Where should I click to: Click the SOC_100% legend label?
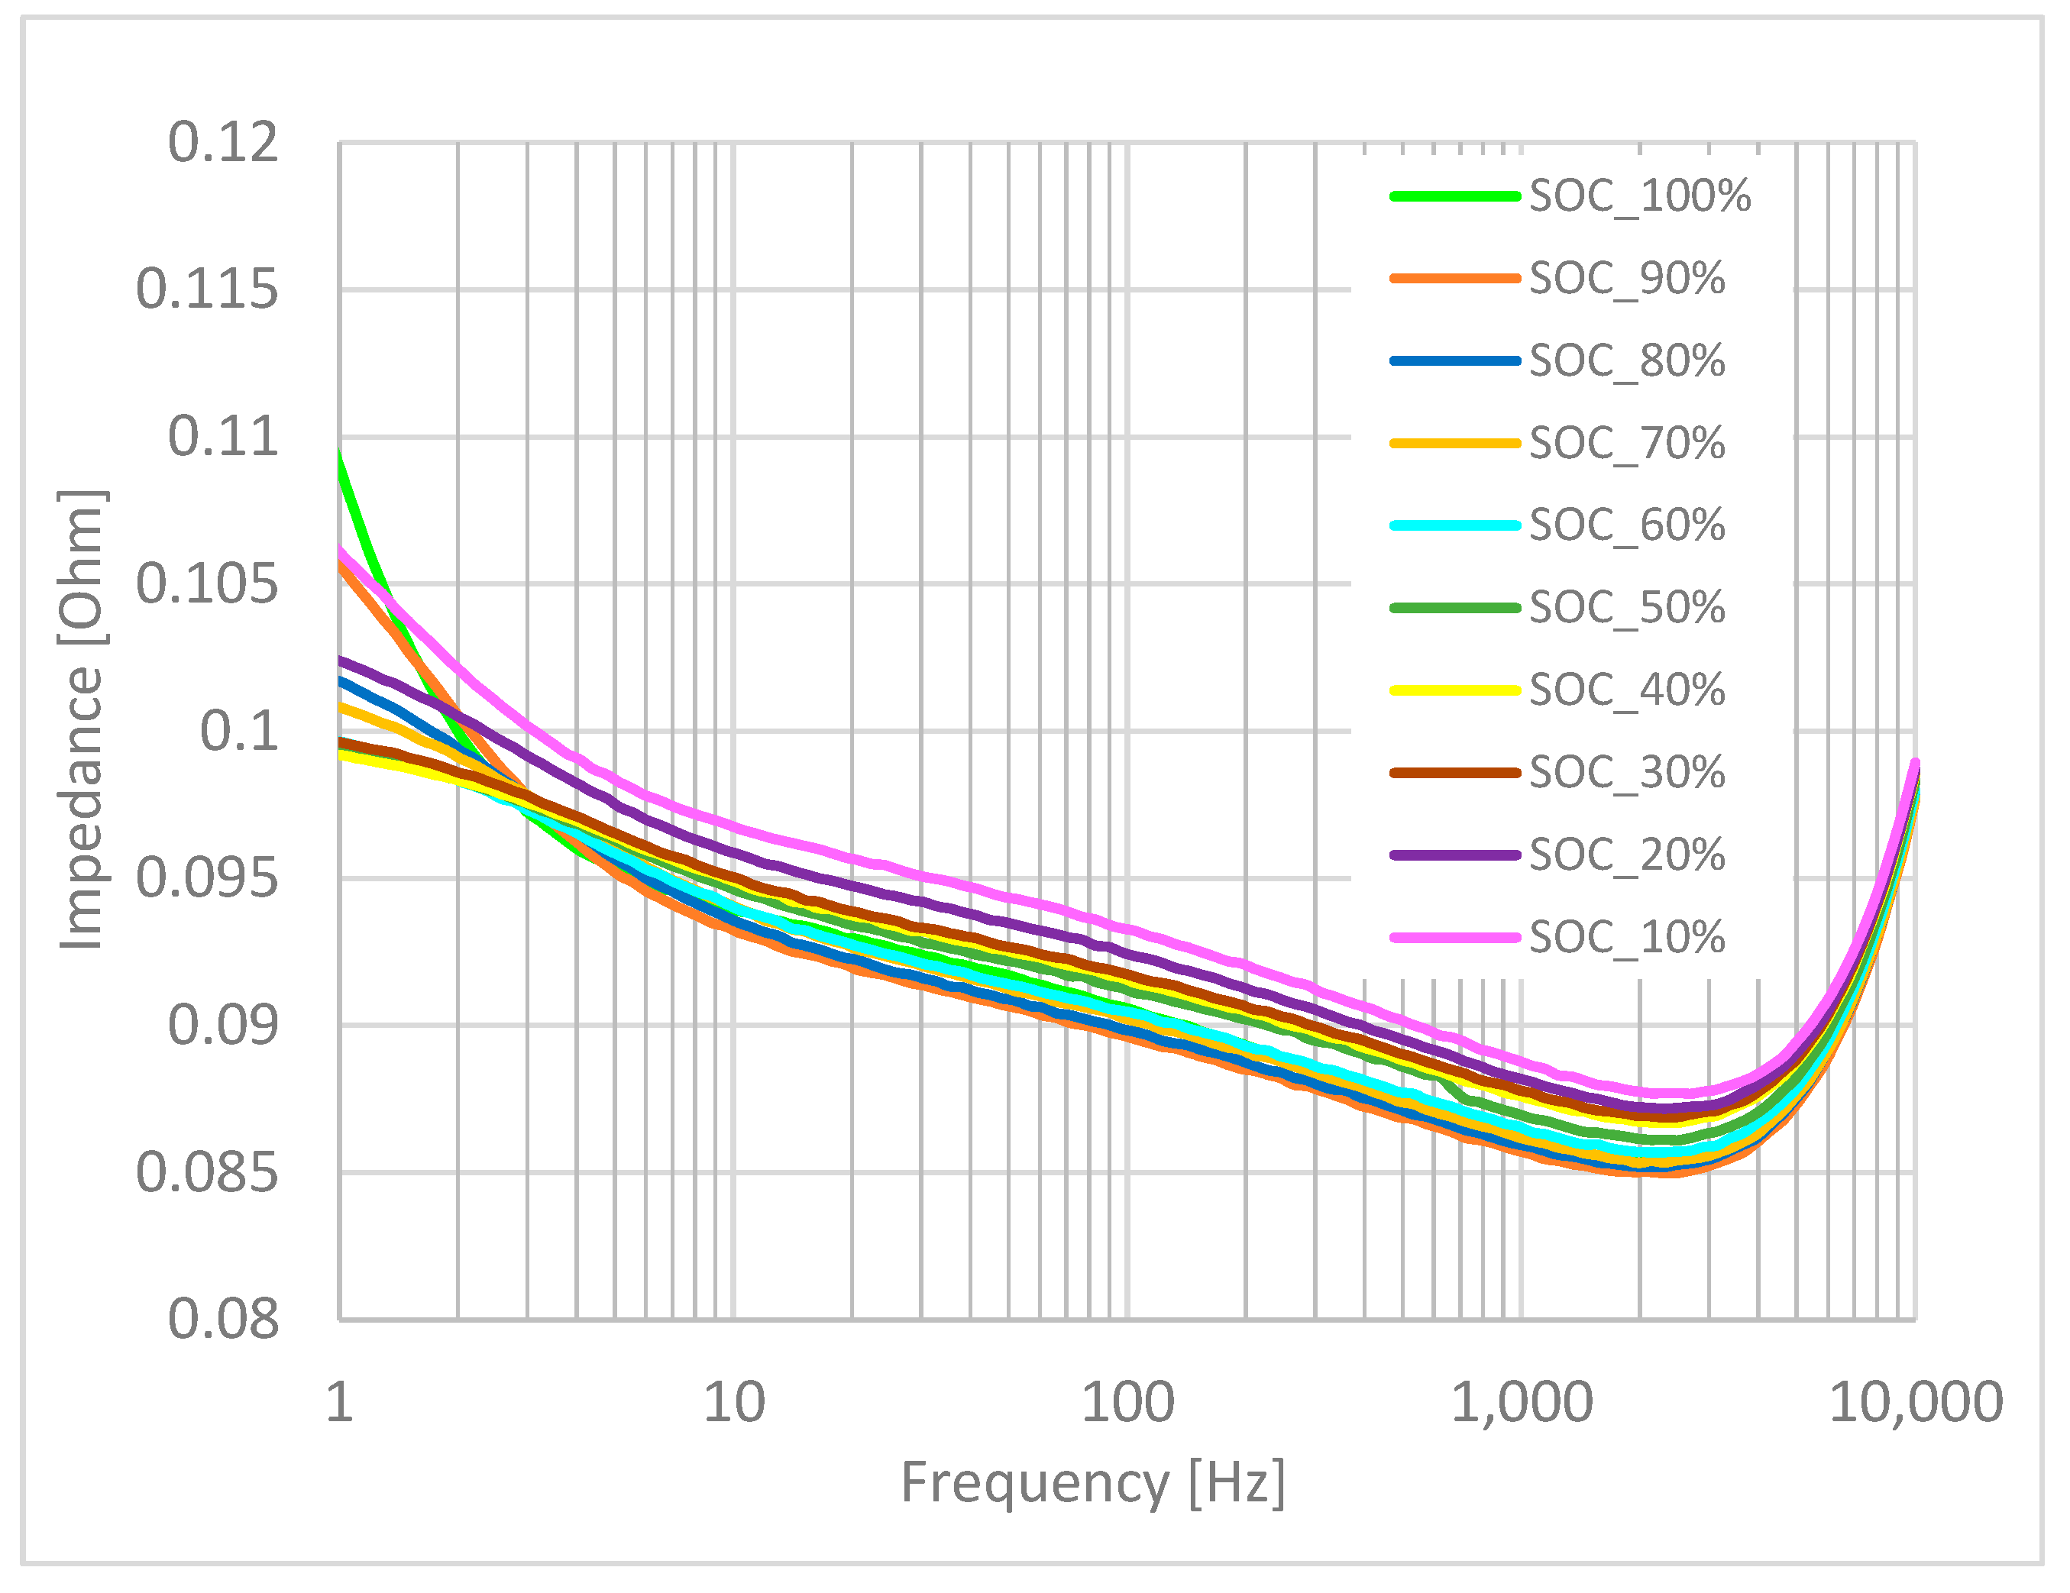pyautogui.click(x=1640, y=196)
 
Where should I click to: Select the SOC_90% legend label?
pyautogui.click(x=1626, y=279)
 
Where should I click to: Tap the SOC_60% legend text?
pyautogui.click(x=1626, y=525)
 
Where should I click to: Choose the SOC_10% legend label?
pyautogui.click(x=1626, y=937)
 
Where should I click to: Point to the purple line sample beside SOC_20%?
pyautogui.click(x=1455, y=855)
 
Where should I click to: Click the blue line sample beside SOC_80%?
pyautogui.click(x=1455, y=361)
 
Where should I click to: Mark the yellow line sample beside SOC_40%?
pyautogui.click(x=1455, y=690)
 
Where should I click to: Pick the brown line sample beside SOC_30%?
pyautogui.click(x=1455, y=772)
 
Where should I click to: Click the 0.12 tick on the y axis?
pyautogui.click(x=224, y=143)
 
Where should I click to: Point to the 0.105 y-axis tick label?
pyautogui.click(x=208, y=583)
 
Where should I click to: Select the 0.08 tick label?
pyautogui.click(x=224, y=1319)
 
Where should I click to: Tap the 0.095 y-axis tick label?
pyautogui.click(x=208, y=878)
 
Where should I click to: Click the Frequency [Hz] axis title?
pyautogui.click(x=1093, y=1483)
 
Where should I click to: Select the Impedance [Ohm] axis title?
pyautogui.click(x=82, y=720)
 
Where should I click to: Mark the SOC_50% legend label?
pyautogui.click(x=1626, y=607)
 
